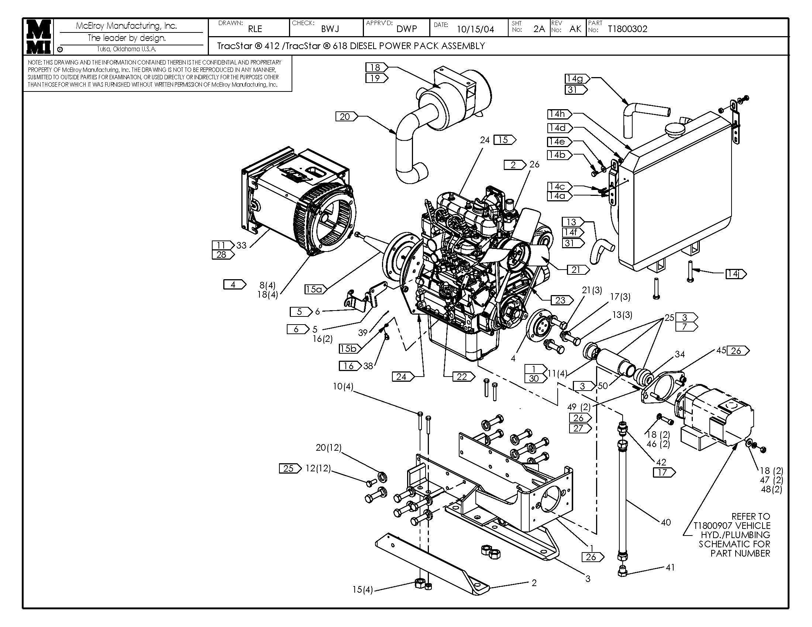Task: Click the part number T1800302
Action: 627,29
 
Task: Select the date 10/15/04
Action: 475,30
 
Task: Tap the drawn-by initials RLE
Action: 255,29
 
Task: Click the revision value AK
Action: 575,29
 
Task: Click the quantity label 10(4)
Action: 343,387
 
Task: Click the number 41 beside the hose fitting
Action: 670,567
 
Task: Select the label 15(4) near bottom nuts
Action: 362,589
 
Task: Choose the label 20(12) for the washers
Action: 328,448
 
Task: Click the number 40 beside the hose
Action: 665,523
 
